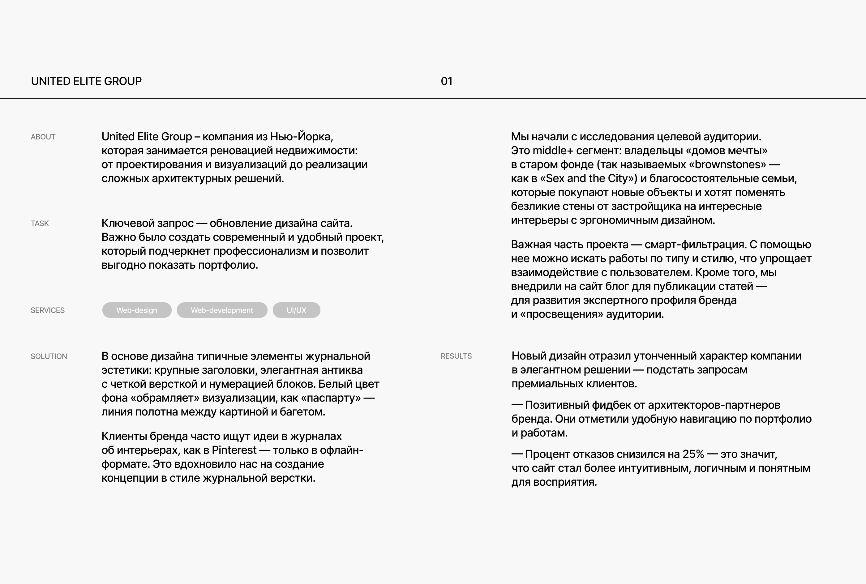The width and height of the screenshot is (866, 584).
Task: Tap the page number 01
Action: (x=446, y=81)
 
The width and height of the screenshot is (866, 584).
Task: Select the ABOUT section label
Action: (x=43, y=137)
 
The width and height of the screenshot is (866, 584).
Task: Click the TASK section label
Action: (x=40, y=224)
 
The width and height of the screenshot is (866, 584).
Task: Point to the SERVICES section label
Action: (x=47, y=310)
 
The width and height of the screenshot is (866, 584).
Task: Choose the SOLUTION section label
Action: (x=49, y=356)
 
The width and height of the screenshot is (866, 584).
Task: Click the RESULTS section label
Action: (x=456, y=356)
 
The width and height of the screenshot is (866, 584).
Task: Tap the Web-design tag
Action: (x=137, y=310)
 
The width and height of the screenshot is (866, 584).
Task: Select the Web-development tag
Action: (x=222, y=310)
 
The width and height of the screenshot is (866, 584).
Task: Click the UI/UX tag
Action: (x=296, y=310)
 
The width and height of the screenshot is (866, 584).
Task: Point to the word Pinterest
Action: (x=234, y=450)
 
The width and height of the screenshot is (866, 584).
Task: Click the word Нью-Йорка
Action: (x=301, y=137)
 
